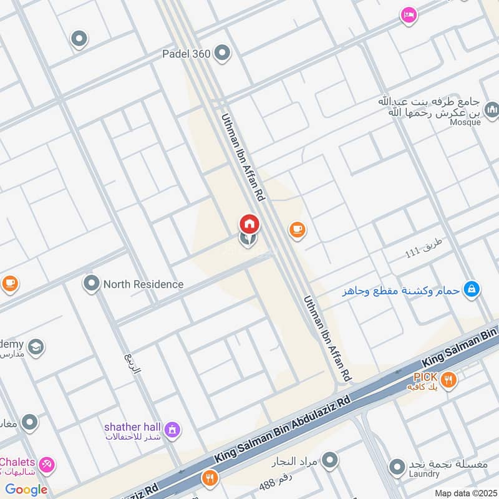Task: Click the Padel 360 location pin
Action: pos(223,54)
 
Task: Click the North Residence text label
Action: pos(143,284)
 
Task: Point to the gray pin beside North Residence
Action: pos(92,284)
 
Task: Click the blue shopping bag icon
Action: pos(473,288)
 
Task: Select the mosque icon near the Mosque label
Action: pos(492,110)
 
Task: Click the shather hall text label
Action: pos(132,426)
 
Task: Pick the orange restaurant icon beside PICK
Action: pos(448,379)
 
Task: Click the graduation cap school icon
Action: pos(36,346)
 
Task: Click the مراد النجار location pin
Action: pos(330,461)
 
